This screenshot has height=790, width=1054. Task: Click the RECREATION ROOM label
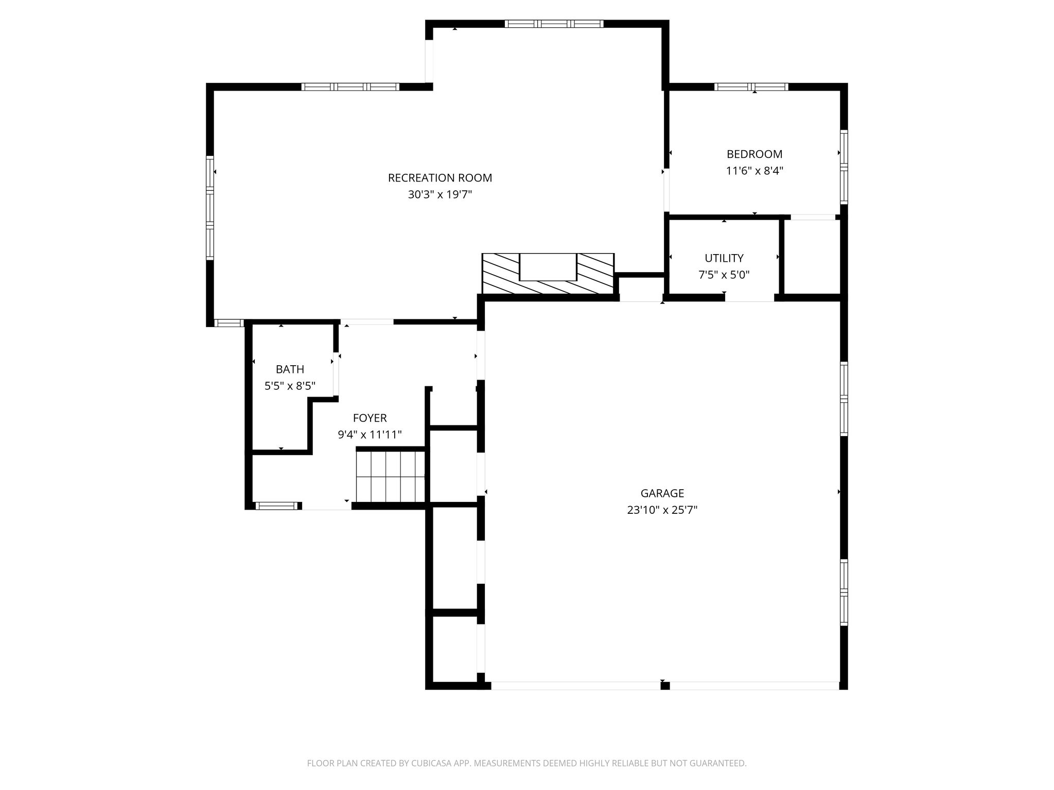pos(440,178)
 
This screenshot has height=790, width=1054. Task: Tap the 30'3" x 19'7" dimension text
pos(440,194)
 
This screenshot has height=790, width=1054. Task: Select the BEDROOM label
pos(754,154)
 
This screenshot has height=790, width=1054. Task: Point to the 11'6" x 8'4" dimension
pos(754,170)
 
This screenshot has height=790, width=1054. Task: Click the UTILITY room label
pos(724,258)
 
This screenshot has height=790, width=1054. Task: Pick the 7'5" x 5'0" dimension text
pos(724,275)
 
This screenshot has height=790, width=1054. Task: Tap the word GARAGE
pos(662,493)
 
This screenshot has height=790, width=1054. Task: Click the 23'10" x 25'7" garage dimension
pos(662,510)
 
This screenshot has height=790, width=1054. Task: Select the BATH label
pos(290,369)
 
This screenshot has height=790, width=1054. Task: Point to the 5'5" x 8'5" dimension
pos(290,386)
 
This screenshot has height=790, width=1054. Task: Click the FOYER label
pos(370,418)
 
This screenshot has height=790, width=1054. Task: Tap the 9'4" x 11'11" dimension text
pos(370,435)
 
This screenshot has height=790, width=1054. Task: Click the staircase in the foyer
pos(391,476)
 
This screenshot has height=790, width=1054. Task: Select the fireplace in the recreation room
pos(548,274)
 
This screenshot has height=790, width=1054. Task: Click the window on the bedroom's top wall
pos(751,86)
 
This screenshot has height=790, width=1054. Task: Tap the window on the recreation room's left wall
pos(209,207)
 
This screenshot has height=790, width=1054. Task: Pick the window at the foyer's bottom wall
pos(277,506)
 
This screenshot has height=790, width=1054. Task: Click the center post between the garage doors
pos(665,685)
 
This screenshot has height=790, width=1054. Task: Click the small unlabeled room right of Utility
pos(812,257)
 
